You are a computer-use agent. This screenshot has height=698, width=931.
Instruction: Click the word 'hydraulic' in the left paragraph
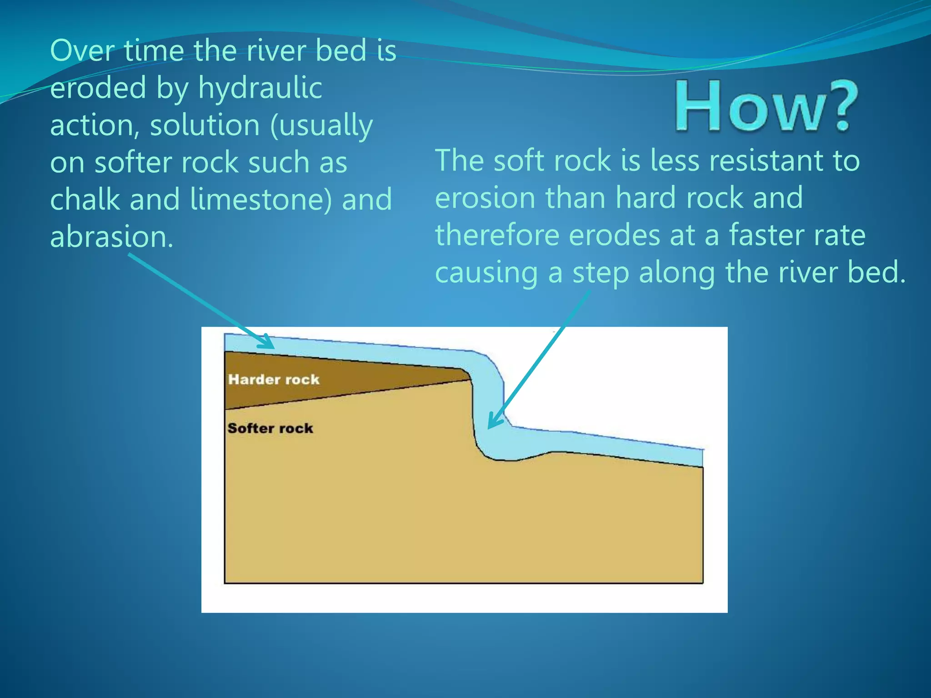pyautogui.click(x=260, y=88)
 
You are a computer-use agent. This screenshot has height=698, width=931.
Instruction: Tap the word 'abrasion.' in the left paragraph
pyautogui.click(x=112, y=237)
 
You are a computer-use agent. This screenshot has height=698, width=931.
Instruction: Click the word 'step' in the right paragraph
pyautogui.click(x=601, y=273)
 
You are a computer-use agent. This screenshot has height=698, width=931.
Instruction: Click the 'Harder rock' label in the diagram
pyautogui.click(x=274, y=379)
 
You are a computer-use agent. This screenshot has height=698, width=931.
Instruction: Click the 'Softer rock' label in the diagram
pyautogui.click(x=270, y=428)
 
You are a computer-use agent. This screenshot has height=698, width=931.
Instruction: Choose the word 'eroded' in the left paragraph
pyautogui.click(x=98, y=88)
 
